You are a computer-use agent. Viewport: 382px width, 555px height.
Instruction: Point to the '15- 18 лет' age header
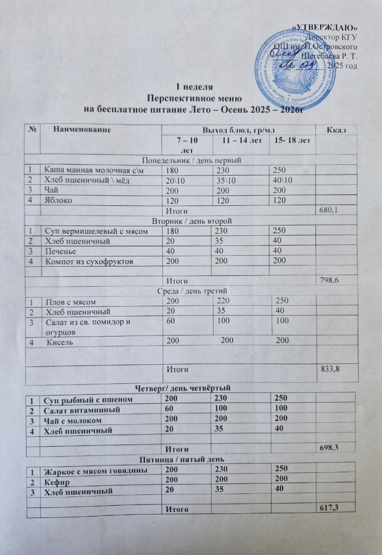point(293,141)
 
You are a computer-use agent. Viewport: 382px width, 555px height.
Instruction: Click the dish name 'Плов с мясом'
point(68,301)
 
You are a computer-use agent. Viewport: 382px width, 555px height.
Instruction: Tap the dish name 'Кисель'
point(60,341)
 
